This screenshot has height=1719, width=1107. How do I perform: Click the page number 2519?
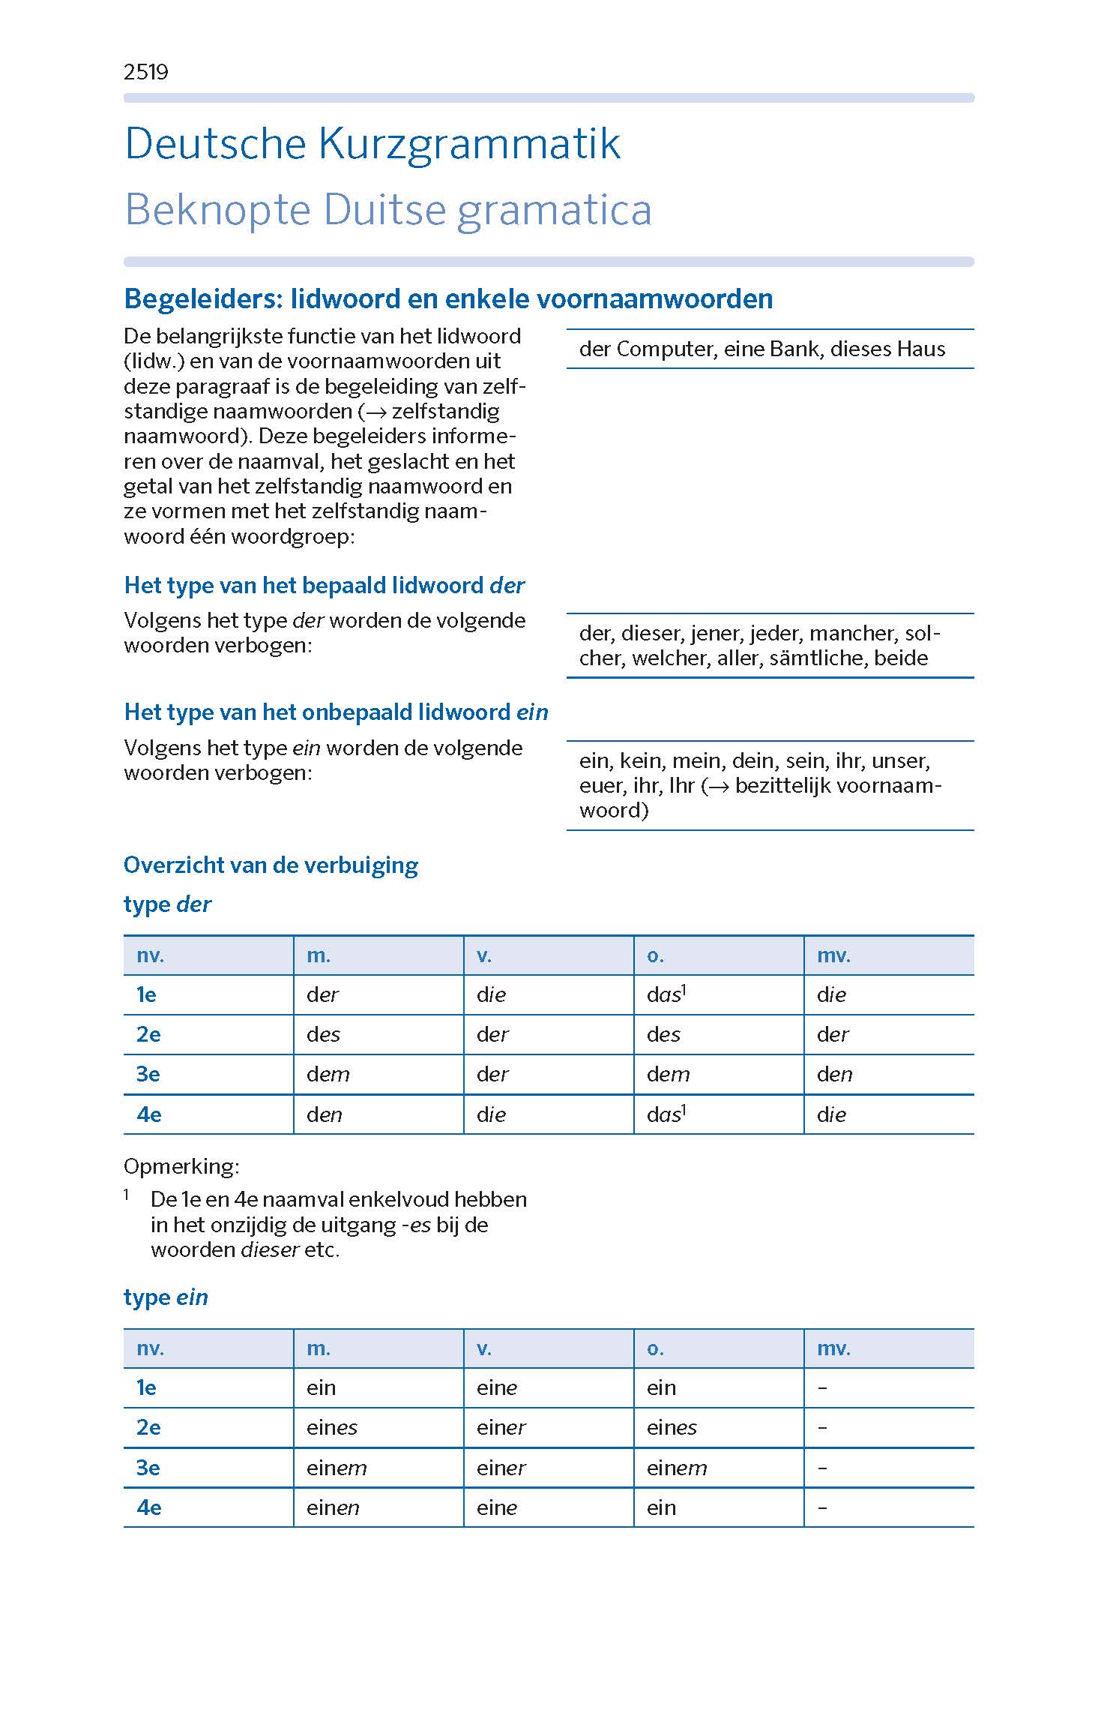[x=145, y=72]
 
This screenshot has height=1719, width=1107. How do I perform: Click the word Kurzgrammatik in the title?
[x=469, y=143]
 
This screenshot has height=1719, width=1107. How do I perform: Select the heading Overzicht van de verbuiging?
[x=271, y=865]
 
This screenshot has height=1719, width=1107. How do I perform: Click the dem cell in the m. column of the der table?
[x=328, y=1074]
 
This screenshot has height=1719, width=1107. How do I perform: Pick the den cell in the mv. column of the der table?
[x=834, y=1074]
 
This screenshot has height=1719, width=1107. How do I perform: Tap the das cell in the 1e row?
[x=664, y=994]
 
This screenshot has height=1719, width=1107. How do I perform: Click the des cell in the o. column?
[x=663, y=1034]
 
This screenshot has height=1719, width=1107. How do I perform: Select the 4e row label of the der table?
[x=148, y=1114]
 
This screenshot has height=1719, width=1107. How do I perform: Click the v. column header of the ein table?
[x=484, y=1348]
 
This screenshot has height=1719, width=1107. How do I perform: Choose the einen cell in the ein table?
[x=333, y=1507]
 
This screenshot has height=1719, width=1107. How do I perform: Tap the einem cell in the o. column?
[x=676, y=1468]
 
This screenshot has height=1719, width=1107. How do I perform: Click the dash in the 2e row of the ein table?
[x=822, y=1427]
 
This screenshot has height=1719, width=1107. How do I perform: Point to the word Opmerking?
[x=181, y=1166]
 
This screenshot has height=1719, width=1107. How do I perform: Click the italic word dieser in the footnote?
[x=270, y=1249]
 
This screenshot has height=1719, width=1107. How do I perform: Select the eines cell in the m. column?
[x=331, y=1427]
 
